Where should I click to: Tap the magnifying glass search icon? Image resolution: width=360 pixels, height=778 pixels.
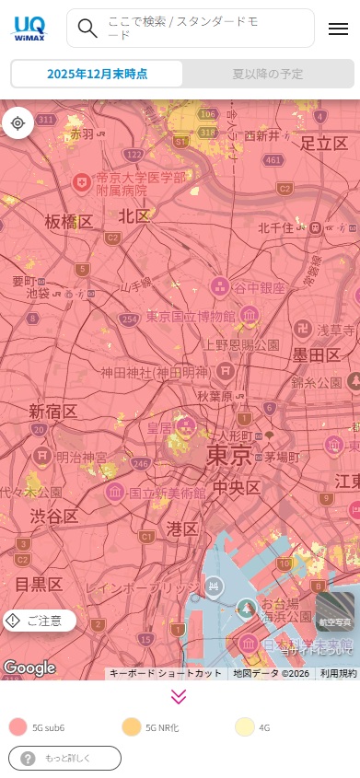pyautogui.click(x=87, y=28)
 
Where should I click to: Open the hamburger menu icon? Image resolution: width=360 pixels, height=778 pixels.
pyautogui.click(x=338, y=29)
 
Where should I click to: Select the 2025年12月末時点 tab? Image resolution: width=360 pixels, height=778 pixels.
pyautogui.click(x=97, y=74)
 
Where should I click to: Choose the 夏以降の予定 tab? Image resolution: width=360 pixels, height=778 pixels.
pyautogui.click(x=267, y=74)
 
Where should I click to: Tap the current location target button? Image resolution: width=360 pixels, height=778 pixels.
pyautogui.click(x=18, y=122)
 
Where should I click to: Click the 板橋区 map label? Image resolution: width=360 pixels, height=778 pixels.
pyautogui.click(x=69, y=222)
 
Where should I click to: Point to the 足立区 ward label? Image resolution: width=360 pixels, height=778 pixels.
pyautogui.click(x=324, y=143)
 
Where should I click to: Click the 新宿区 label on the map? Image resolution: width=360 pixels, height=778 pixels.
pyautogui.click(x=52, y=411)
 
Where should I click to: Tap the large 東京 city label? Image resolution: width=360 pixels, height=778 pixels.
pyautogui.click(x=228, y=455)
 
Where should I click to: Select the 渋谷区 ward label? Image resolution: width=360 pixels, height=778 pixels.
pyautogui.click(x=52, y=516)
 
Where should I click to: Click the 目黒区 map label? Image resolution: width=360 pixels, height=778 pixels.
pyautogui.click(x=39, y=585)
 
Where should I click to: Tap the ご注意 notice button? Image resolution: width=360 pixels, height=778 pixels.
pyautogui.click(x=40, y=621)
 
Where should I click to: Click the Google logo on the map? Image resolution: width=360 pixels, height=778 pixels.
pyautogui.click(x=29, y=668)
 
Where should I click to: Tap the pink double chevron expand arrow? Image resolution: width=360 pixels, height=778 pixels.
pyautogui.click(x=180, y=697)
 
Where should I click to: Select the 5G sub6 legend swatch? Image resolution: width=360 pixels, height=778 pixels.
pyautogui.click(x=17, y=727)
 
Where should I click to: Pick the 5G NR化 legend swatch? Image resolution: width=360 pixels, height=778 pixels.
pyautogui.click(x=131, y=727)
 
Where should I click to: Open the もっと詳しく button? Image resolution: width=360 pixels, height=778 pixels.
pyautogui.click(x=64, y=758)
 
